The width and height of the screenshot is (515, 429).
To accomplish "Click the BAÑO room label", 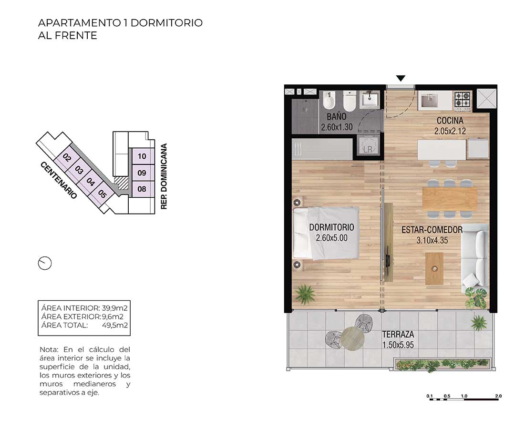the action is point(336,116).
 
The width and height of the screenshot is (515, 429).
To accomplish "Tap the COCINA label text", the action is point(450,121).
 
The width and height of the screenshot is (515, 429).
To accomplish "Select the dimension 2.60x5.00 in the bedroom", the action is point(331,238).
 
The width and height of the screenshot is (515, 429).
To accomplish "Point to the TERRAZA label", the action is point(398,335).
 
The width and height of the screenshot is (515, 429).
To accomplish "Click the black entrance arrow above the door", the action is point(401,78).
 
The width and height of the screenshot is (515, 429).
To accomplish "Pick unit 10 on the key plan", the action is point(142,156).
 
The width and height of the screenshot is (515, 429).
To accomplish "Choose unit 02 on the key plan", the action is point(67,158).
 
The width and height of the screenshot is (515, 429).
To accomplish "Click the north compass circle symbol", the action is point(45,263).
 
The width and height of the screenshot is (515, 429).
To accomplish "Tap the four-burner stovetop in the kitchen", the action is point(463,100).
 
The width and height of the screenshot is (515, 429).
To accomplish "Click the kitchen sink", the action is point(429,101).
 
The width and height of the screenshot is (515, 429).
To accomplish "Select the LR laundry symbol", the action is point(368,146).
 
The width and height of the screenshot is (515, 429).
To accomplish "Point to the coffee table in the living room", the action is point(434,268).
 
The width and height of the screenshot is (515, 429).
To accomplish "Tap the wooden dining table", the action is point(450,199).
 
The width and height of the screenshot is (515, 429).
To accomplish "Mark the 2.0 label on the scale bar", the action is point(498,396).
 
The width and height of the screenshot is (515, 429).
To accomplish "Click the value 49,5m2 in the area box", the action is point(114,325).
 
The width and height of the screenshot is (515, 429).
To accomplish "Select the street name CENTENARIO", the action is point(59,180).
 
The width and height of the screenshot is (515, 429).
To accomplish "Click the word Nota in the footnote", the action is point(49,349).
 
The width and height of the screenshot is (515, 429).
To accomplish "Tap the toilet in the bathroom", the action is point(349,101).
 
